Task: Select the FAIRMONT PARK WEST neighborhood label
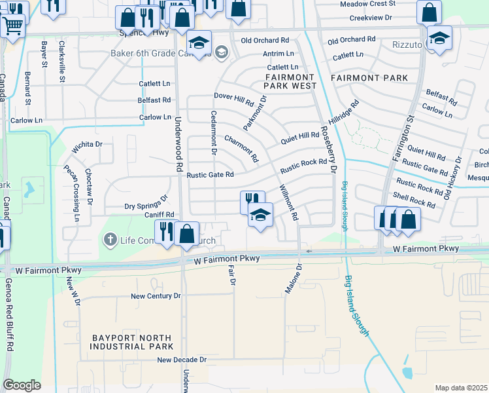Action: click(x=290, y=82)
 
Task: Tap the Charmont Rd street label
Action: click(x=241, y=149)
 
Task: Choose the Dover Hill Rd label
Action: click(x=233, y=100)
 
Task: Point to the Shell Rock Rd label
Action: click(x=413, y=200)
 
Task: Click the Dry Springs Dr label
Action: click(x=146, y=206)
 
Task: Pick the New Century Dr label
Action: click(x=156, y=296)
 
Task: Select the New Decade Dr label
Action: click(x=181, y=360)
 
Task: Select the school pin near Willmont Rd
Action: click(x=260, y=215)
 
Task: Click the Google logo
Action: click(x=22, y=384)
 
